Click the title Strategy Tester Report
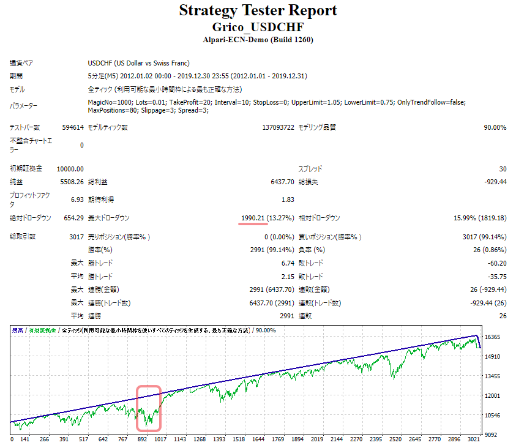click(258, 10)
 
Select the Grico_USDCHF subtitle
click(258, 28)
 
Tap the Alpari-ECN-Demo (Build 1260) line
click(258, 40)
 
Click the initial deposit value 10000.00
click(70, 168)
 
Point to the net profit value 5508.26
click(72, 182)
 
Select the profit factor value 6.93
click(77, 200)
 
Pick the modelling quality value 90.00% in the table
click(493, 127)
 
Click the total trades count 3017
click(77, 236)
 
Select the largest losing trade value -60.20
click(495, 263)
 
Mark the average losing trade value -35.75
click(495, 276)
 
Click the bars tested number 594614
click(72, 127)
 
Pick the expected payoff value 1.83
click(288, 200)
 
